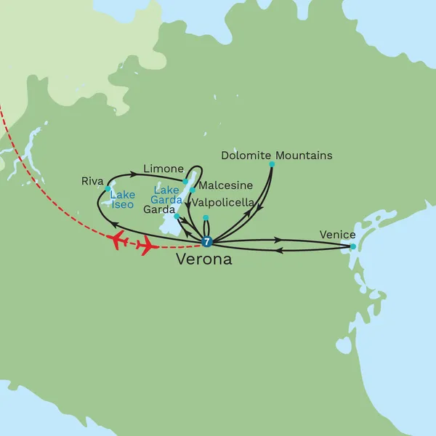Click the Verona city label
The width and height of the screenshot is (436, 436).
coord(204,259)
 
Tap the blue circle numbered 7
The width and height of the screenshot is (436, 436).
coord(206,242)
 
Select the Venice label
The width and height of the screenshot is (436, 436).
coord(337,234)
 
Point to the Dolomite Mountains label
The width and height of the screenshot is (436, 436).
coord(276,156)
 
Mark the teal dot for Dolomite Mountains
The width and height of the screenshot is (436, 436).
coord(272,164)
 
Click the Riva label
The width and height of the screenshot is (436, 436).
coord(93,181)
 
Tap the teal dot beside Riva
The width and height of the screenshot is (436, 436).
coord(108,188)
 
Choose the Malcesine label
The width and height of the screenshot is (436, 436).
coord(225,185)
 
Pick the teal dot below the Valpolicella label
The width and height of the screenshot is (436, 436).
coord(206,217)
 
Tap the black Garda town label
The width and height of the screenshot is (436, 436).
coord(159,209)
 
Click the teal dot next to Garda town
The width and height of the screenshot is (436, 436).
coord(177,216)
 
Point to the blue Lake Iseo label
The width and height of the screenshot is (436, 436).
coord(122,200)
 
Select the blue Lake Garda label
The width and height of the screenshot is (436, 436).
coord(166,195)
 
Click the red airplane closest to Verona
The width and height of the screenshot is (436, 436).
coord(148,246)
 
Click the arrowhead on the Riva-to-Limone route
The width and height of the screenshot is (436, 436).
coord(134,173)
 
